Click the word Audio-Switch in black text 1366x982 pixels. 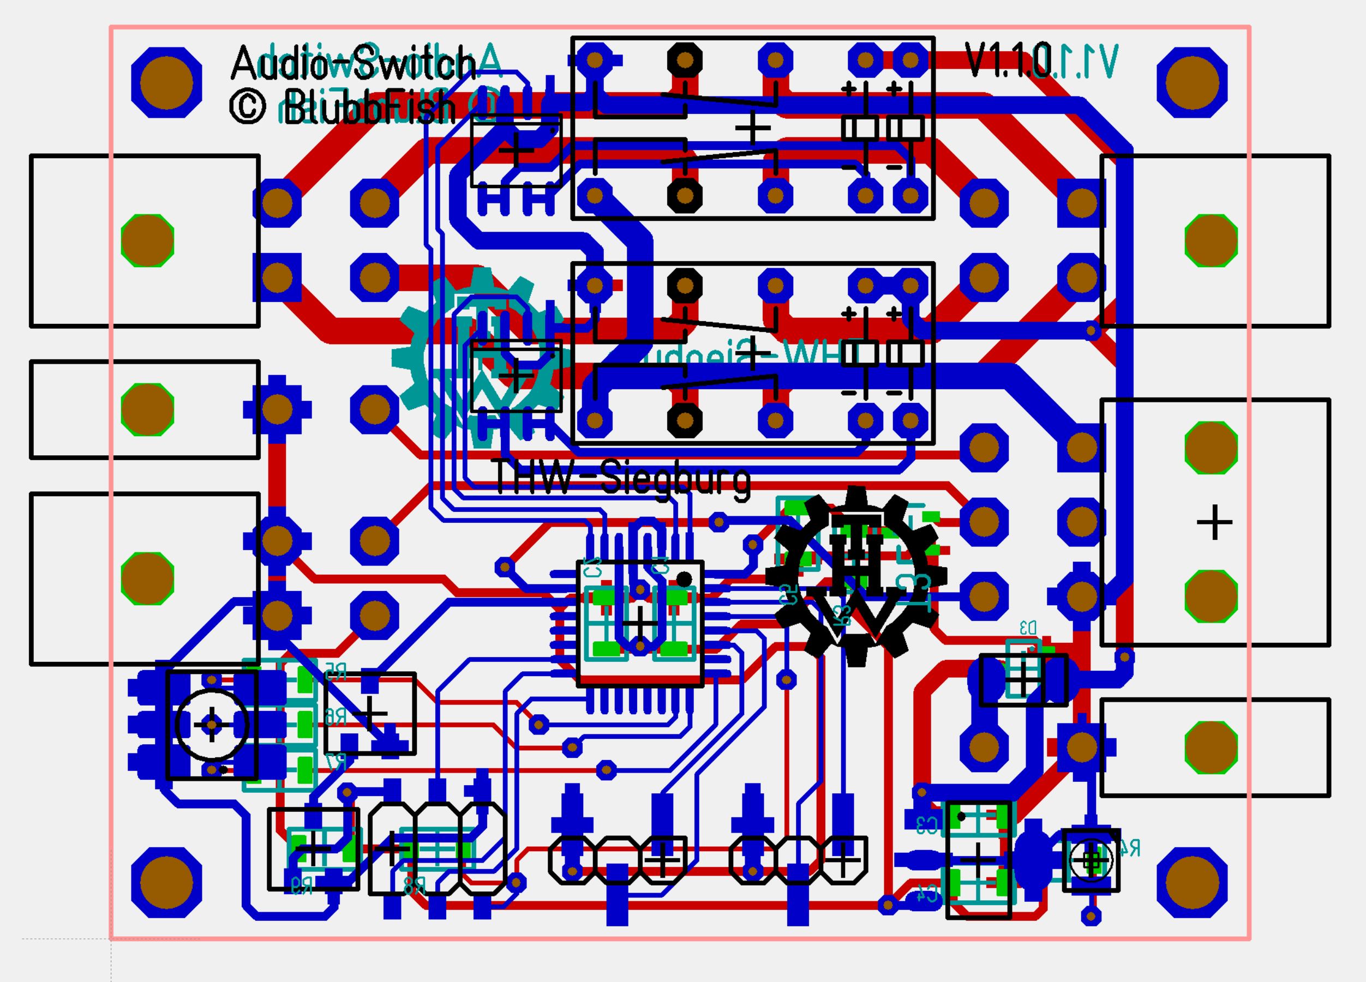(x=353, y=63)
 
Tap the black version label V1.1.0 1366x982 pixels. (x=1008, y=60)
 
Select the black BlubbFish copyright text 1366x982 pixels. (x=343, y=108)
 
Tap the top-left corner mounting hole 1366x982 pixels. (x=166, y=82)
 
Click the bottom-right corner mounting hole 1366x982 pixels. (x=1192, y=883)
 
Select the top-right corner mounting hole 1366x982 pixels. (x=1192, y=82)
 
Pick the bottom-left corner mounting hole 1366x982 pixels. (x=166, y=883)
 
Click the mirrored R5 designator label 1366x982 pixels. (x=336, y=670)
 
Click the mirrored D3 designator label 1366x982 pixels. (x=1028, y=628)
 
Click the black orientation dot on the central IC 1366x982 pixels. (x=684, y=580)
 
